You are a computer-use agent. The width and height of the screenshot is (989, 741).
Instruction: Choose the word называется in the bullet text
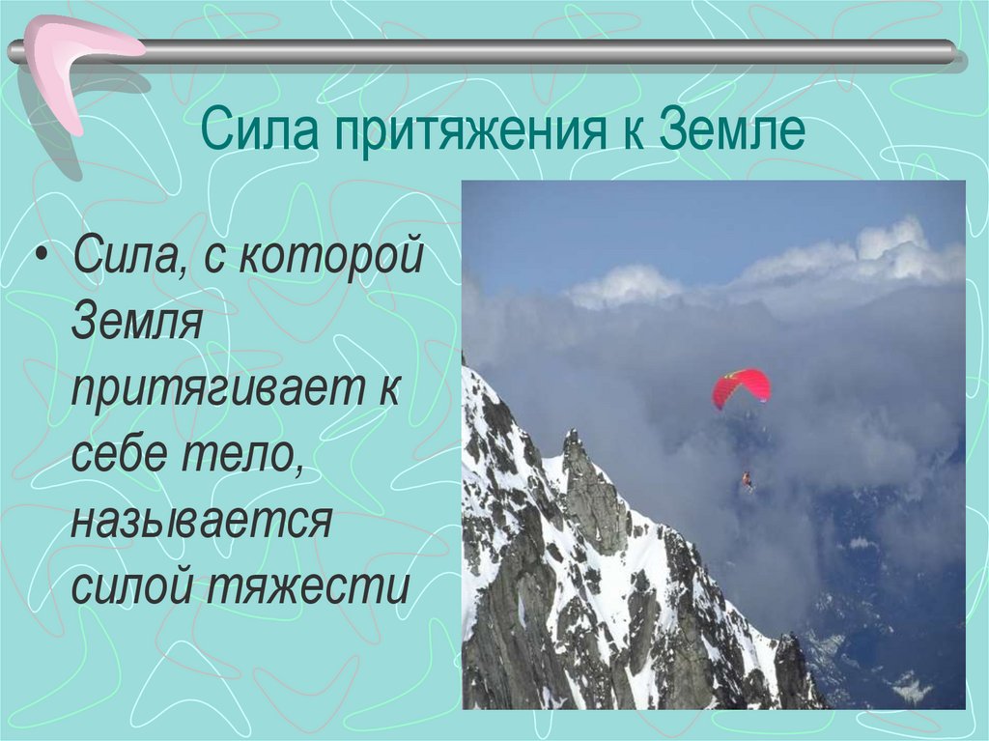[x=201, y=523]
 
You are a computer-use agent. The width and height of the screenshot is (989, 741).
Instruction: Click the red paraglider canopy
[x=741, y=386]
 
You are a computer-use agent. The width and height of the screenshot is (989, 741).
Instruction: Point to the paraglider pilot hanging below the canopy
[x=747, y=480]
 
